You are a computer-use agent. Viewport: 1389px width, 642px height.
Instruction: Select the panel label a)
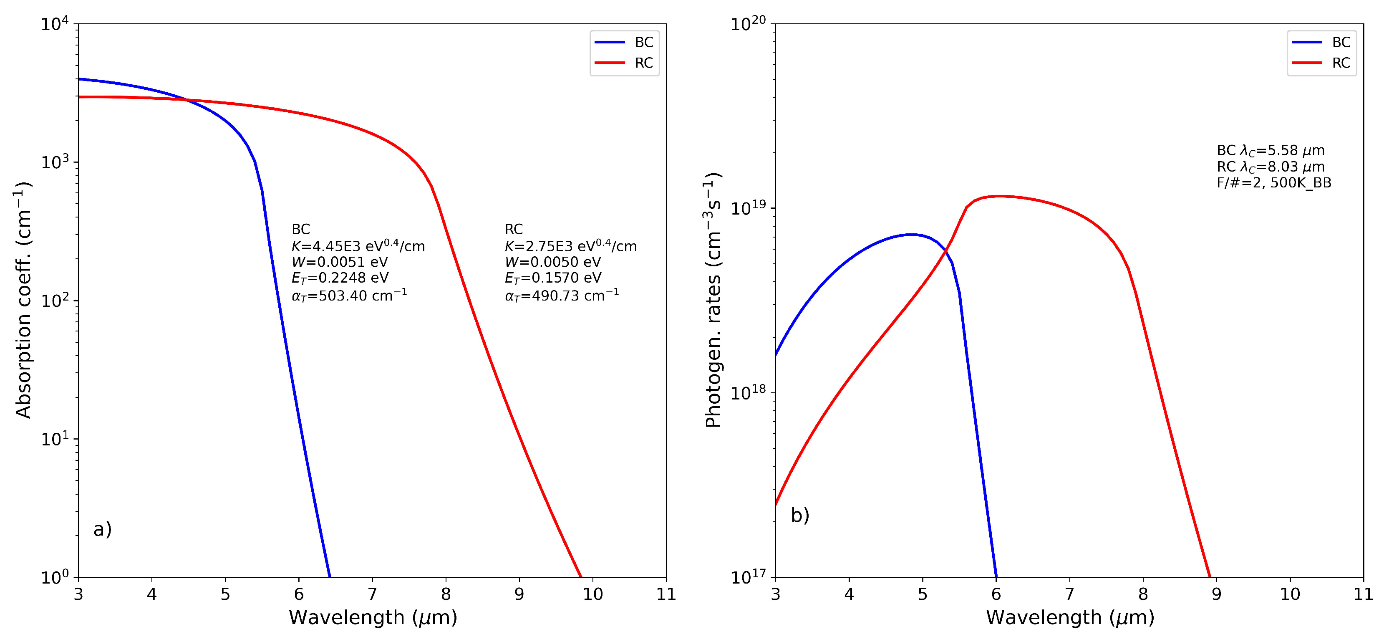103,529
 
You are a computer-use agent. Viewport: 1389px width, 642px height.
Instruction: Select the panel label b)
800,515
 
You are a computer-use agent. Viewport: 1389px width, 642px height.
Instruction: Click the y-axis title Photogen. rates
713,300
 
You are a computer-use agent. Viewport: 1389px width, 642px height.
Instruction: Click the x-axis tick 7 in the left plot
372,594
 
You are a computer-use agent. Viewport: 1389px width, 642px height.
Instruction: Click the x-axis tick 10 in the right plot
1290,594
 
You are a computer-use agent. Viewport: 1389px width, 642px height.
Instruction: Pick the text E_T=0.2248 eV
340,278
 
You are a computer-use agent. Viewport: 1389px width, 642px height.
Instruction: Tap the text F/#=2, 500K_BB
1273,183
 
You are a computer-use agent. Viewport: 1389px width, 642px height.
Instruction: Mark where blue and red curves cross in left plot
187,100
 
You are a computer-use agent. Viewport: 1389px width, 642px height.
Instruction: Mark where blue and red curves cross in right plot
945,251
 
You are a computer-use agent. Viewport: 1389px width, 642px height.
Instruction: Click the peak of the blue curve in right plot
911,234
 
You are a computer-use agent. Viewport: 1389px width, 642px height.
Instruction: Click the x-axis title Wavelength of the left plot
373,618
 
